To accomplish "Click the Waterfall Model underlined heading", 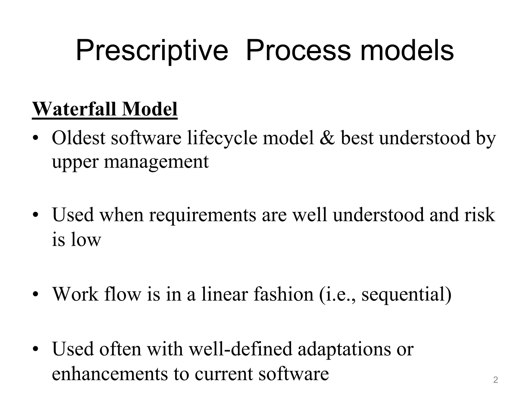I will [x=105, y=109].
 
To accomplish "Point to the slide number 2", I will [x=495, y=380].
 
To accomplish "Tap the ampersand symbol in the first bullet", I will [x=327, y=138].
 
